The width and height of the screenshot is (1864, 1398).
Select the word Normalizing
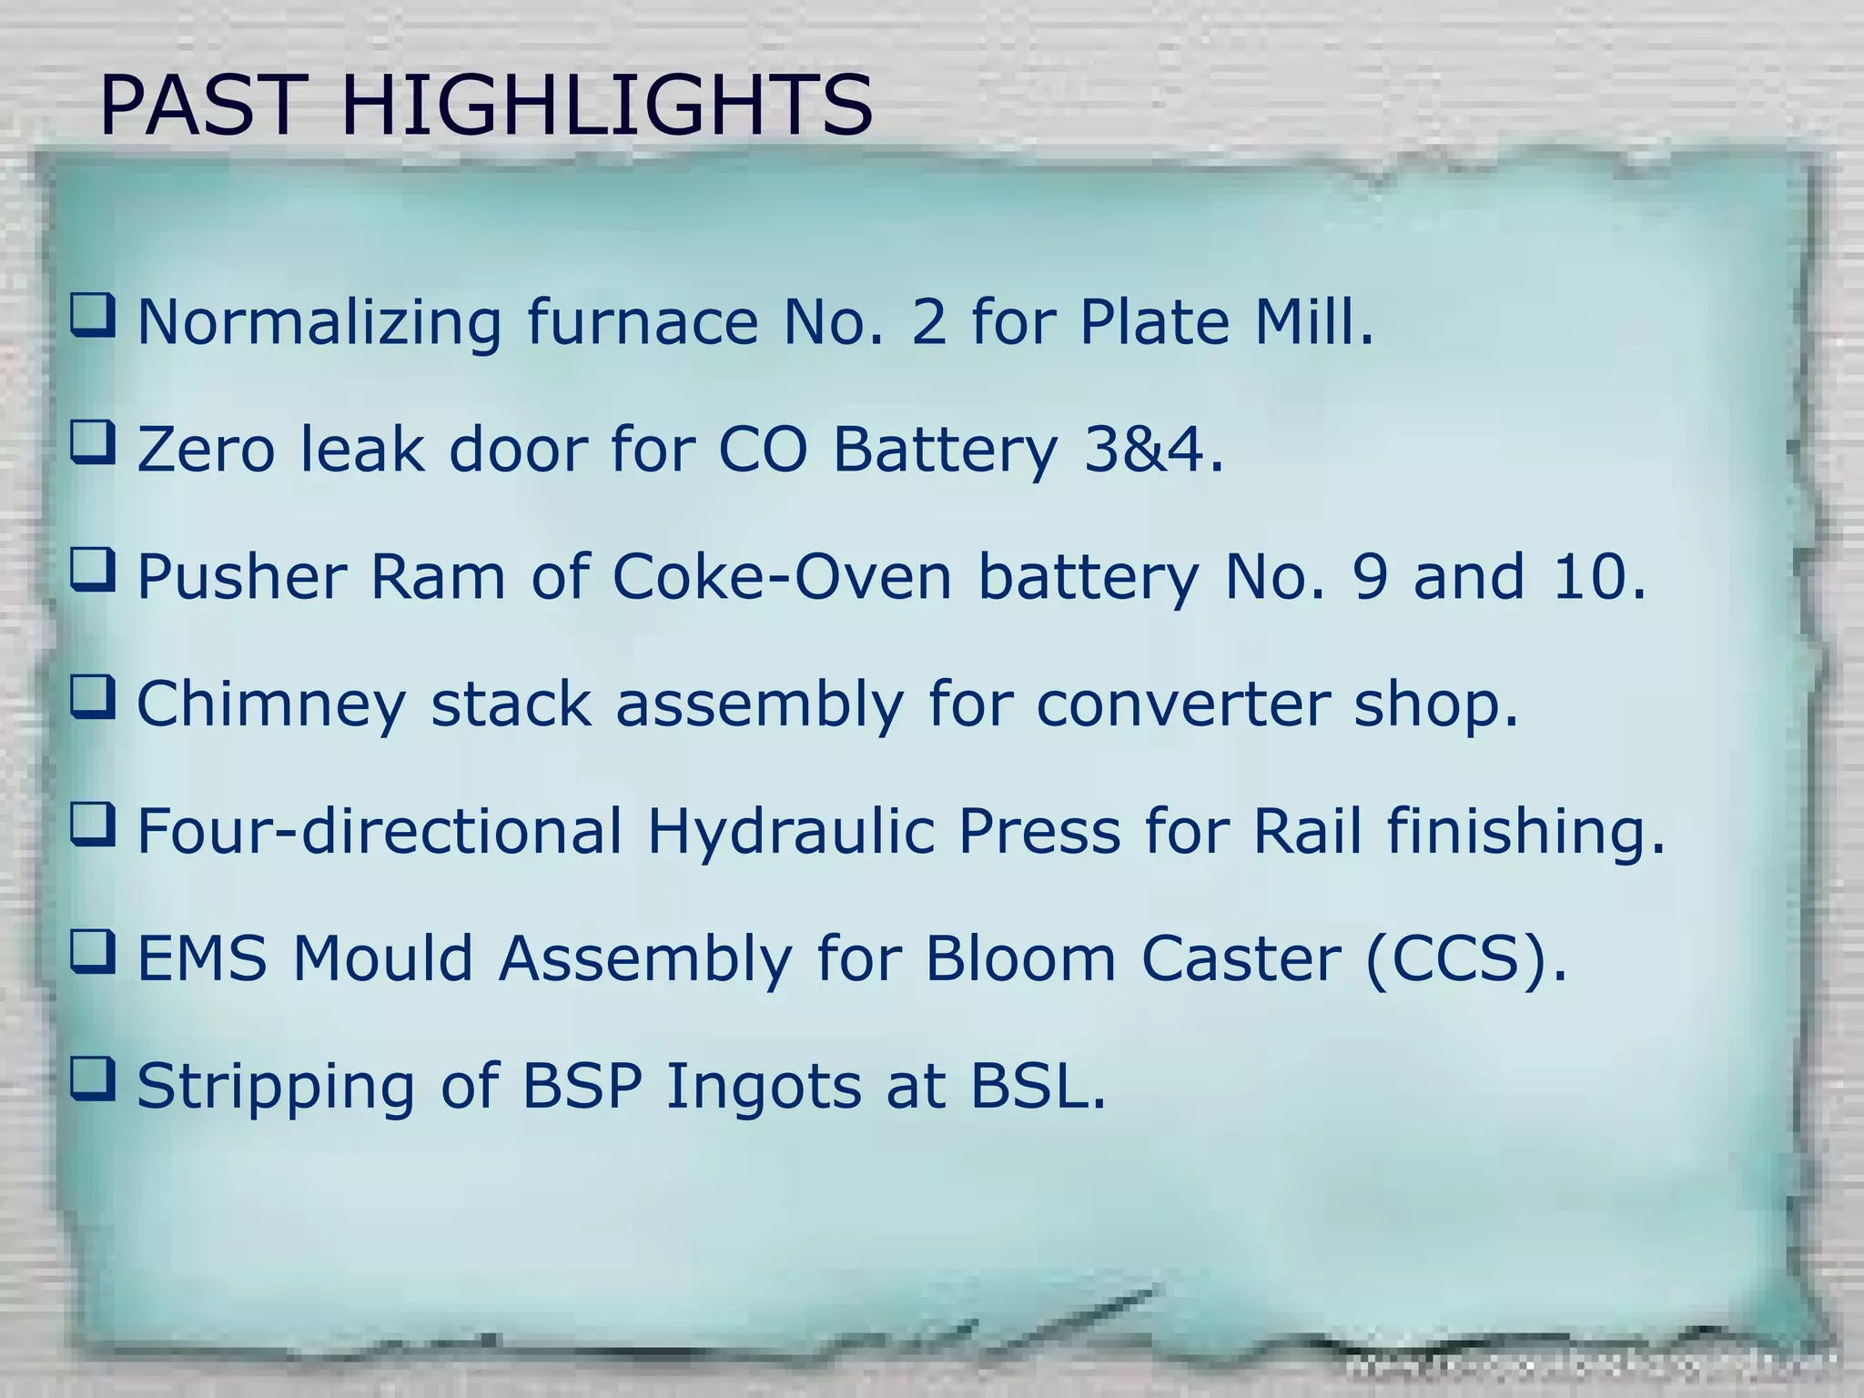click(319, 324)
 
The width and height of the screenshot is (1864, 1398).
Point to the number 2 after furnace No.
click(928, 322)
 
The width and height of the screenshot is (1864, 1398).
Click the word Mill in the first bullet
click(1312, 322)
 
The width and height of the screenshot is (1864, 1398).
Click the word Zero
click(205, 450)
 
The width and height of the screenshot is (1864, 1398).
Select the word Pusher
click(241, 577)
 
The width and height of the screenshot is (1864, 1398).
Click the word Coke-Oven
click(782, 577)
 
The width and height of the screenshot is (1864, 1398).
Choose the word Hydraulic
click(791, 833)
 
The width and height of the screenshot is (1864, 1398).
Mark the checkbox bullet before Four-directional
click(94, 824)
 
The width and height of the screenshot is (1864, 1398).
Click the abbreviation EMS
click(202, 959)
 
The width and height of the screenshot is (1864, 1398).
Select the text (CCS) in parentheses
click(1464, 959)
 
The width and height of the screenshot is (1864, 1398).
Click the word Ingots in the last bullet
click(763, 1089)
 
